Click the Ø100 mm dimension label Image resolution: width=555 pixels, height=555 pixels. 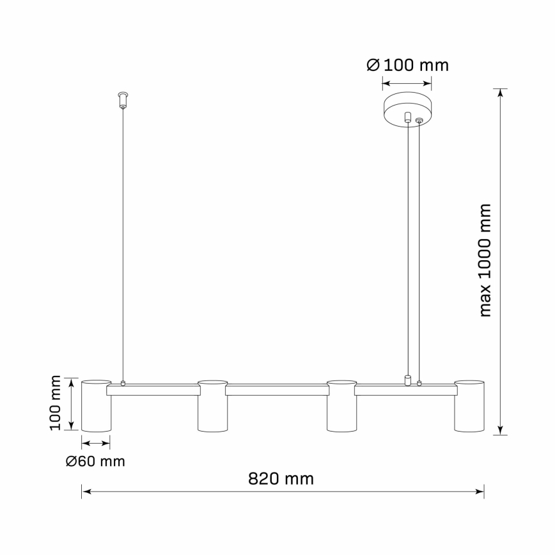pos(407,65)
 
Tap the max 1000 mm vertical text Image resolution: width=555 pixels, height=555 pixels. pos(485,260)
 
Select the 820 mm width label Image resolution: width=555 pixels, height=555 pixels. pos(281,478)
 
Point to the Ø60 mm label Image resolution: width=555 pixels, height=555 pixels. pos(95,460)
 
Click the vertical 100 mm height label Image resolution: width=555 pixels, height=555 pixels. pos(57,403)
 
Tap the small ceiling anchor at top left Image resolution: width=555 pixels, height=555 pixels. pos(123,100)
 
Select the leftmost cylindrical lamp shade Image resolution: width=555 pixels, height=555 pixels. pos(96,405)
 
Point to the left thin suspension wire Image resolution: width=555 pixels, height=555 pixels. pos(123,243)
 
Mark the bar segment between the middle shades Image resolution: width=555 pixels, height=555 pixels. pos(277,390)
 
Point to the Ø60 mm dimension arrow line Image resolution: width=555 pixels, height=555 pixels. pos(96,442)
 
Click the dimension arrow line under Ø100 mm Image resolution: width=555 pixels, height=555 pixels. pos(407,82)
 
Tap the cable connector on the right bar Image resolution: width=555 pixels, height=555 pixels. pos(407,381)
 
